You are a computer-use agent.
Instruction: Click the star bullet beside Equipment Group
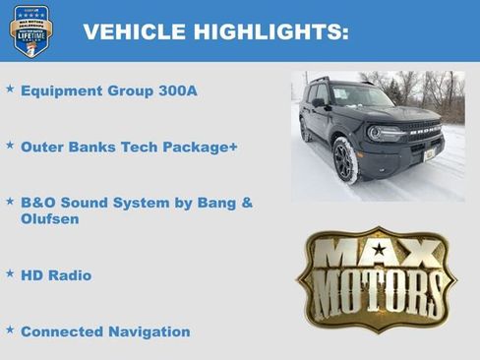pos(10,90)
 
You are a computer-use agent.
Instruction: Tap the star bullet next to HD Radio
pos(10,273)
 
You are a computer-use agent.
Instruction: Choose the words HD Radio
pos(56,275)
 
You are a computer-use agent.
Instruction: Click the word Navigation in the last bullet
pos(150,331)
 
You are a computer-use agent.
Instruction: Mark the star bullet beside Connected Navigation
pos(10,330)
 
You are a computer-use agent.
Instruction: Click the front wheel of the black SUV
pos(345,160)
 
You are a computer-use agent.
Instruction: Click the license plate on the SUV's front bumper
pos(430,154)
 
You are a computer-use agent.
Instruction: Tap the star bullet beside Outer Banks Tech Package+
pos(10,146)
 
